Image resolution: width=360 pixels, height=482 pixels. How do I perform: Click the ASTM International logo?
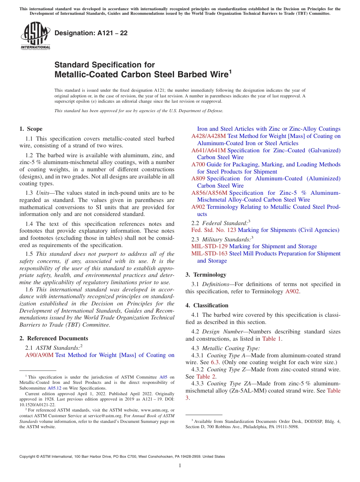tap(35, 36)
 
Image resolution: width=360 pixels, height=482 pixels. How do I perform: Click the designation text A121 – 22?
tap(91, 33)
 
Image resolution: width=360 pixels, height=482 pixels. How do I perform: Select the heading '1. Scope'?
tap(31, 129)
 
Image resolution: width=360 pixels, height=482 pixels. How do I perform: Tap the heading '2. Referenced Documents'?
tap(53, 338)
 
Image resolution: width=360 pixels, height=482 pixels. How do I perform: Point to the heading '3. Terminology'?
tap(206, 275)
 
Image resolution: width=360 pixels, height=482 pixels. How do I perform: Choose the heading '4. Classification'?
tap(207, 305)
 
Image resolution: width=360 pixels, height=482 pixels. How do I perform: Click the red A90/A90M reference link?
tap(39, 355)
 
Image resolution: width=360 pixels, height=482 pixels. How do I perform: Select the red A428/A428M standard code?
tap(208, 136)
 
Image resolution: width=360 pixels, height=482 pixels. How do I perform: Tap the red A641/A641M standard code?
tap(208, 150)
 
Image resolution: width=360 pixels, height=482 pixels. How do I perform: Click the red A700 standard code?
tap(198, 164)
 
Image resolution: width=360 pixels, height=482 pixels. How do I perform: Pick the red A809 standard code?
tap(198, 178)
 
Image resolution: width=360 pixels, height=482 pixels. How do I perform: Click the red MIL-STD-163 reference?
tap(210, 254)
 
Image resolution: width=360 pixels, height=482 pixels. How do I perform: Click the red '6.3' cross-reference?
tap(215, 362)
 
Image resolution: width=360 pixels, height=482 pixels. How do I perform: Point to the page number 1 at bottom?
tap(180, 465)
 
